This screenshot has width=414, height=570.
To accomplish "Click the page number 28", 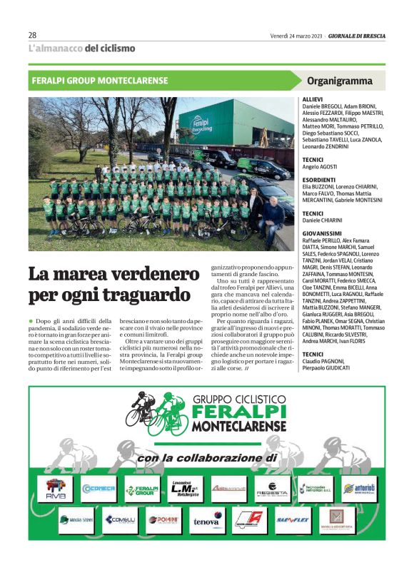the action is point(33,35).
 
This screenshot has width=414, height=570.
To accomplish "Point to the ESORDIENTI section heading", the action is point(319,180).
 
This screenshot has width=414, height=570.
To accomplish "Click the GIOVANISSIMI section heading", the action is point(322,233).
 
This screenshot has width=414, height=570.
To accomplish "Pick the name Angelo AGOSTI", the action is point(320,166).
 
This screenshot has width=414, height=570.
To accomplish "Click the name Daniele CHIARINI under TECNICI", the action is point(323,220).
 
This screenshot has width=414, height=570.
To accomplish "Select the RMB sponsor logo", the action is point(55,490).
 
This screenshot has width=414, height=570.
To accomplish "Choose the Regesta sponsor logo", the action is point(272,490).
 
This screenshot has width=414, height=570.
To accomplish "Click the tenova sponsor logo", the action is point(207,521).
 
